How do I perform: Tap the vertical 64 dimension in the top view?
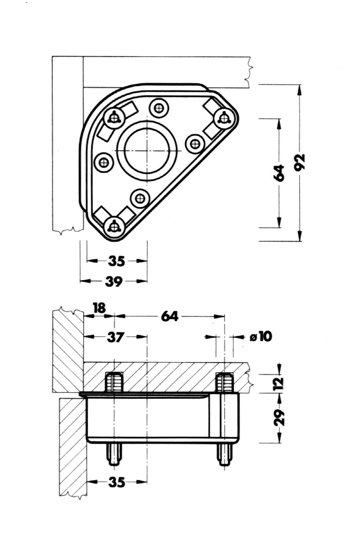pos(279,172)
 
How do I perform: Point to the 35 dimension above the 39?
pos(116,261)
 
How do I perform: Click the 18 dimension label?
pos(99,307)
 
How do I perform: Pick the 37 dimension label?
pos(115,337)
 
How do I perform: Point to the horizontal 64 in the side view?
pos(170,316)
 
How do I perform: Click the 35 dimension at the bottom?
pos(116,482)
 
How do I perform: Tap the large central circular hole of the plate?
pos(147,151)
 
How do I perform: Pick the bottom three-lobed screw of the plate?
pos(114,226)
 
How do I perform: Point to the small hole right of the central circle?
pos(195,143)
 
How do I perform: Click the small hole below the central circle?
pos(140,198)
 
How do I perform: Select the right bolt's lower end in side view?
pos(225,455)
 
